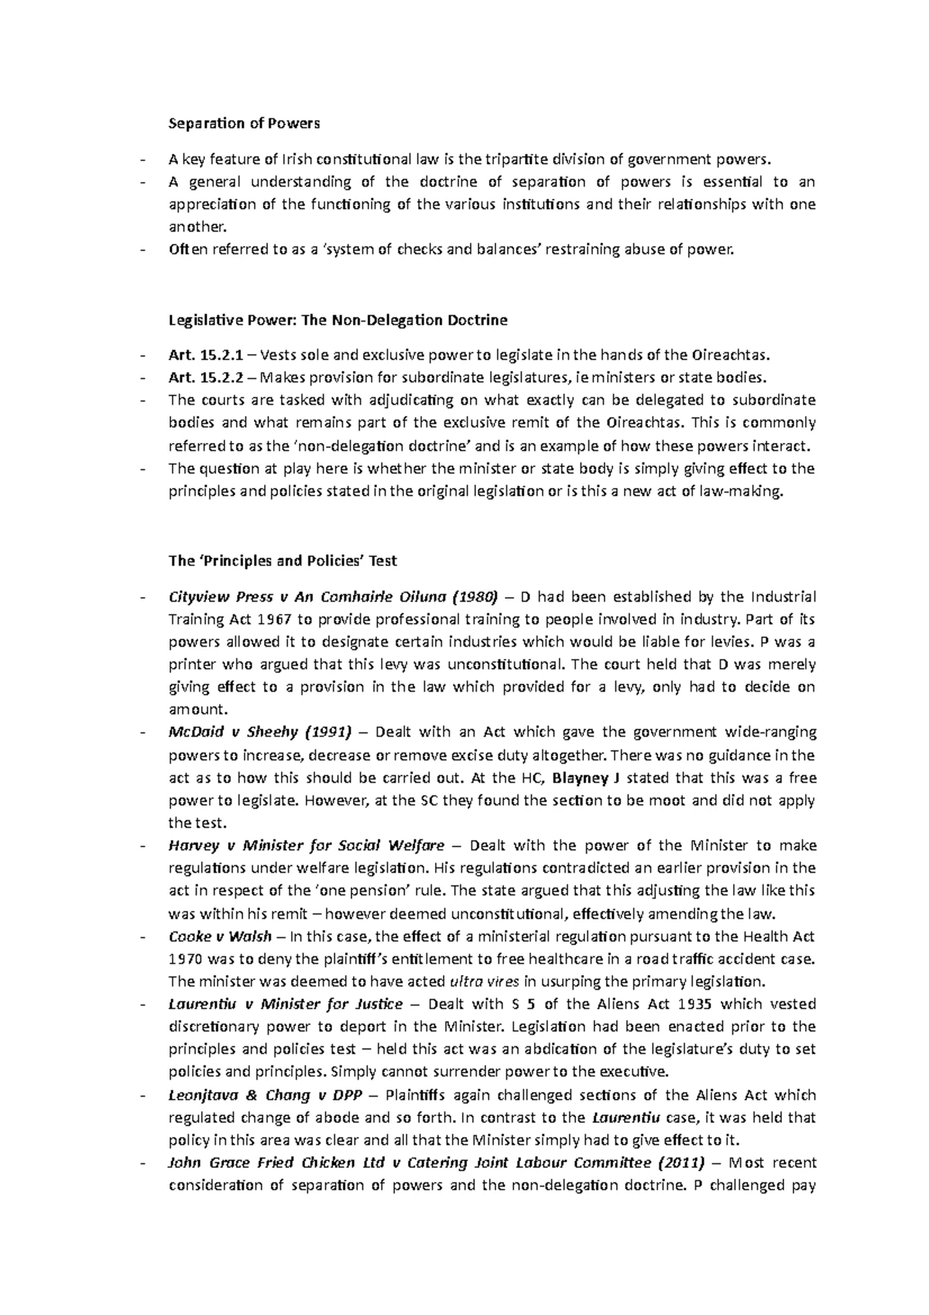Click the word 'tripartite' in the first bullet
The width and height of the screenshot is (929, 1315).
click(x=512, y=160)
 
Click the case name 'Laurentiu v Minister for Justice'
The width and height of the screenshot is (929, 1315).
click(x=285, y=1004)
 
